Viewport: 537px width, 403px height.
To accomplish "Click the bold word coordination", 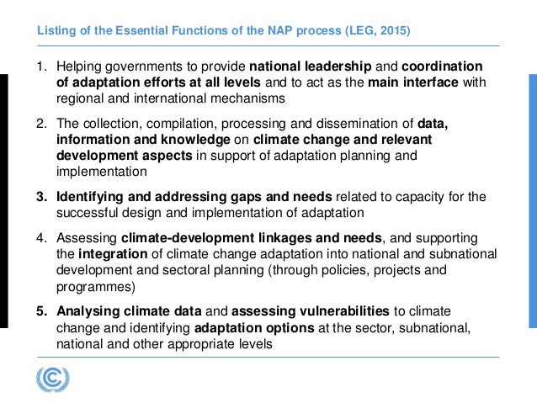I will point(442,66).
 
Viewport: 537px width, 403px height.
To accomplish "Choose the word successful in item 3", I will point(89,213).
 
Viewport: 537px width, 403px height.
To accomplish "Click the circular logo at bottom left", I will point(53,378).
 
